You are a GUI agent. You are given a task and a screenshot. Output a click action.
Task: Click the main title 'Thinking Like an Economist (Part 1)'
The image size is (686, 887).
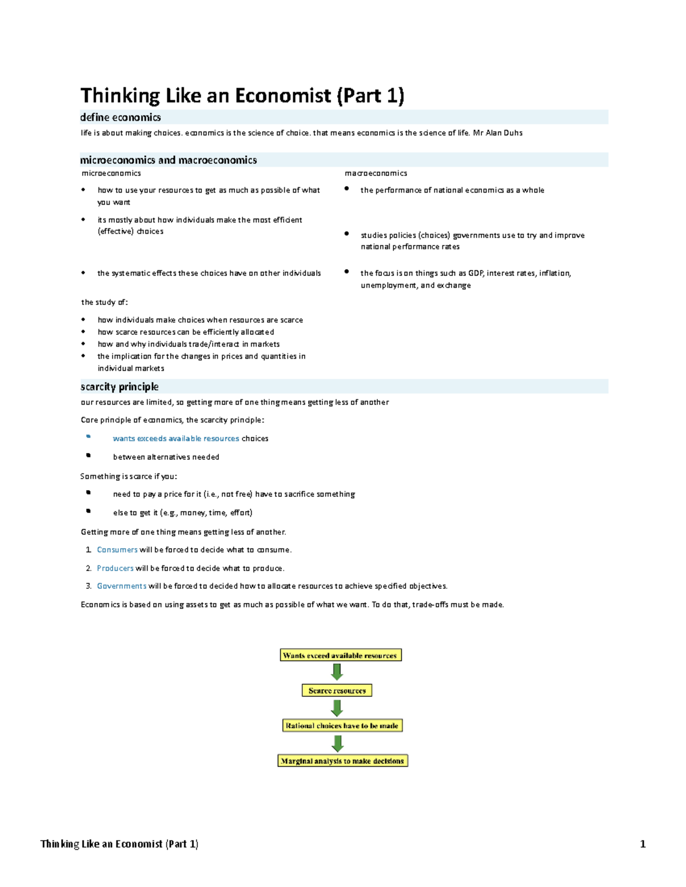click(x=242, y=95)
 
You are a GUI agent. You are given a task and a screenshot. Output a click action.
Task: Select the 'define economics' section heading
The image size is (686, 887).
click(x=121, y=118)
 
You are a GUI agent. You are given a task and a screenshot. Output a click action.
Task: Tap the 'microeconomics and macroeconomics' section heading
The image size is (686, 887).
click(x=169, y=160)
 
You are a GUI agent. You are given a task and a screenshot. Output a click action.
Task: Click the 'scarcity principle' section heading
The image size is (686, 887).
click(x=119, y=387)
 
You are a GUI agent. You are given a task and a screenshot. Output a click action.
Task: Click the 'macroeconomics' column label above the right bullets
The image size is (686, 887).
click(x=376, y=174)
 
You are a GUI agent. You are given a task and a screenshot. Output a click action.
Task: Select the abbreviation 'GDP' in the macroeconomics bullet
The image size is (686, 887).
click(x=476, y=274)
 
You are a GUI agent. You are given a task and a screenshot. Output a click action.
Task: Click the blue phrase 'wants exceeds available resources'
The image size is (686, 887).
click(x=176, y=439)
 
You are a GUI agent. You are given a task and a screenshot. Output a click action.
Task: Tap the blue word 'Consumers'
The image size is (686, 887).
click(x=117, y=550)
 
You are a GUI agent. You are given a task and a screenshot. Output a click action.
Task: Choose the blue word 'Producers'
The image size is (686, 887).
click(x=115, y=568)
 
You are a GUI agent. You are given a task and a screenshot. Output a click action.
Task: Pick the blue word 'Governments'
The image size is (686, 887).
click(x=122, y=586)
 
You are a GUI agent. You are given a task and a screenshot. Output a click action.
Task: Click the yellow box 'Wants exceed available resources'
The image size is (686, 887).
click(x=340, y=655)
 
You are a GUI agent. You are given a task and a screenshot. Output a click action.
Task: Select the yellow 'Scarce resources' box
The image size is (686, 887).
click(x=337, y=691)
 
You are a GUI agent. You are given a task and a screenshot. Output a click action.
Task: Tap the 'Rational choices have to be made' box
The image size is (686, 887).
click(x=342, y=726)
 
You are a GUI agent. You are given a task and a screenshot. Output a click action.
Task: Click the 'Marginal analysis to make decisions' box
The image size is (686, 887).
click(x=342, y=761)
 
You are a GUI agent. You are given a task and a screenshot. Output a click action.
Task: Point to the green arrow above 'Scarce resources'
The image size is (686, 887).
click(x=337, y=672)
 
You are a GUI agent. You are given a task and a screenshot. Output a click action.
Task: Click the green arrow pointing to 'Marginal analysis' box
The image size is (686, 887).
click(x=337, y=743)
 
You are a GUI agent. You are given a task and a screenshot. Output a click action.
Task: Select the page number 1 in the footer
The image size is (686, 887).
click(x=643, y=844)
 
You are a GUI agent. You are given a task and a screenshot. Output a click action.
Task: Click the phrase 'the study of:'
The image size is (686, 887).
click(x=105, y=302)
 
